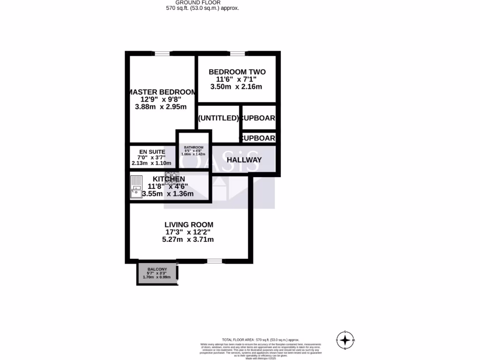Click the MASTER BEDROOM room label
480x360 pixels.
tap(161, 92)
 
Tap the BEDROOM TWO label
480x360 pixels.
tap(237, 72)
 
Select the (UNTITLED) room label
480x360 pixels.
tap(218, 118)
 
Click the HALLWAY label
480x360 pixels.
tap(244, 160)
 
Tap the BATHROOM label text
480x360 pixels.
tap(194, 147)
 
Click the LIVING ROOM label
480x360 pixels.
tap(188, 225)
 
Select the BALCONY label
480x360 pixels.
tap(157, 269)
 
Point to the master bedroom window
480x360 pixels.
tap(162, 53)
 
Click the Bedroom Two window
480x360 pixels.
tap(237, 53)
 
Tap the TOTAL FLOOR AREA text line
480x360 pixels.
tap(260, 339)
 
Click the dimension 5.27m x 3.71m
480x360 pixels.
tap(188, 240)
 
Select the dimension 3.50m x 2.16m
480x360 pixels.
tap(236, 87)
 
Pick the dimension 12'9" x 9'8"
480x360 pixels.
tap(161, 99)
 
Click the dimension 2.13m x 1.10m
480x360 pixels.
tap(151, 163)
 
